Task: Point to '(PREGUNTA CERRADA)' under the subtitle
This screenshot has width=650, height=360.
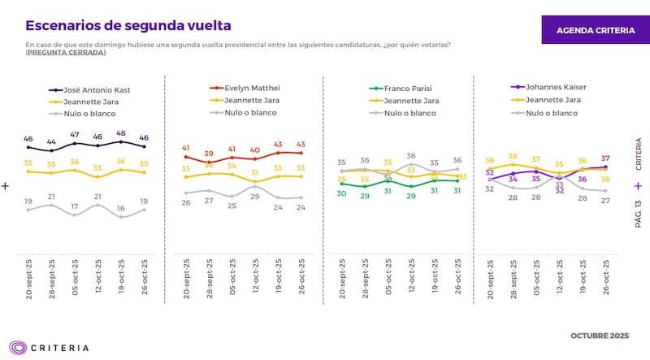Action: [66, 53]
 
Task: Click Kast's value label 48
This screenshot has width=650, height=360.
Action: [121, 133]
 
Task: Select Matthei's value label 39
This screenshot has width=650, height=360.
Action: [209, 153]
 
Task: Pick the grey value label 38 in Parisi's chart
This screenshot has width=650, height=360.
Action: [411, 155]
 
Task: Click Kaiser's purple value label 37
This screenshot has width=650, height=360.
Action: [605, 158]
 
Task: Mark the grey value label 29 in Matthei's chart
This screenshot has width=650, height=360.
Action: [254, 197]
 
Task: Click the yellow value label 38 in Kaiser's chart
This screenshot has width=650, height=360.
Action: [513, 156]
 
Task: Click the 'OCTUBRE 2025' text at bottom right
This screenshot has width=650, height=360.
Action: [600, 336]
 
